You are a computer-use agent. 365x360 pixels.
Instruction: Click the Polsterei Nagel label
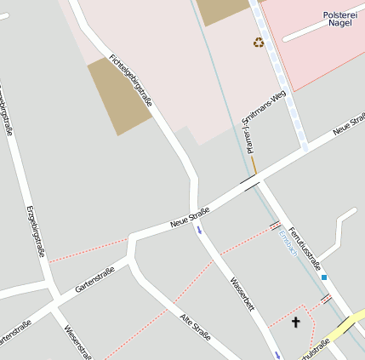pyautogui.click(x=343, y=20)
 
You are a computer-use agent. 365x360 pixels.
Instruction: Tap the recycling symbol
pyautogui.click(x=259, y=42)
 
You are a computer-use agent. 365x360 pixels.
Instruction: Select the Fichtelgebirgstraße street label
pyautogui.click(x=131, y=80)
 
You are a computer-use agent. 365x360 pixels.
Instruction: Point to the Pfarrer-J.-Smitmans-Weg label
pyautogui.click(x=261, y=122)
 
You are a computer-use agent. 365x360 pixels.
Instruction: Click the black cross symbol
pyautogui.click(x=295, y=322)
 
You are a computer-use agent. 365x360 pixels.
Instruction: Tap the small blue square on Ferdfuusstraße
pyautogui.click(x=324, y=277)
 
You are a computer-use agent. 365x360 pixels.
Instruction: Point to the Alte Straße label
pyautogui.click(x=195, y=327)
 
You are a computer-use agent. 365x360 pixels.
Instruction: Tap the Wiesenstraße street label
pyautogui.click(x=77, y=340)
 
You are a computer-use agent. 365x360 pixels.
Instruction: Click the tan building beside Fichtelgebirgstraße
pyautogui.click(x=120, y=96)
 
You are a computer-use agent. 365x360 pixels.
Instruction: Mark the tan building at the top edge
pyautogui.click(x=223, y=11)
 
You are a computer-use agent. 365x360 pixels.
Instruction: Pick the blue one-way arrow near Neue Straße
pyautogui.click(x=200, y=229)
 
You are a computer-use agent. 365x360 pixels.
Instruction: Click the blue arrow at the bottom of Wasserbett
pyautogui.click(x=277, y=354)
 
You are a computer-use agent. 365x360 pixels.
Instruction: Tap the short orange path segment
pyautogui.click(x=254, y=164)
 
